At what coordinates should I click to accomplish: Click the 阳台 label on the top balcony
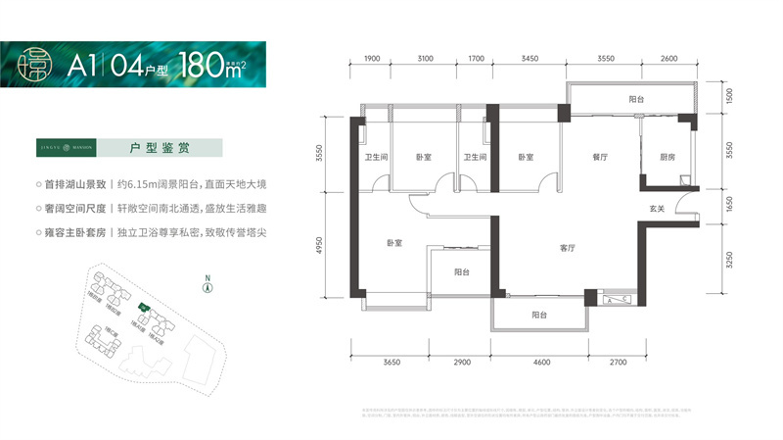tap(636, 100)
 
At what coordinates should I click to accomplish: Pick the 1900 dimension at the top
tap(372, 60)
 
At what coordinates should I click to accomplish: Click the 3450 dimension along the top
tap(530, 60)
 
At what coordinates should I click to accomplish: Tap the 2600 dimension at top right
tap(668, 60)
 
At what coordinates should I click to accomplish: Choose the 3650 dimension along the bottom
tap(391, 364)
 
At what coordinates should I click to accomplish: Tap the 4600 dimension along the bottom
tap(542, 364)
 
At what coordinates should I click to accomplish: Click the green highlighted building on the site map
tap(144, 308)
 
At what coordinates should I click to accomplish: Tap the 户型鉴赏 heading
tap(160, 149)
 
